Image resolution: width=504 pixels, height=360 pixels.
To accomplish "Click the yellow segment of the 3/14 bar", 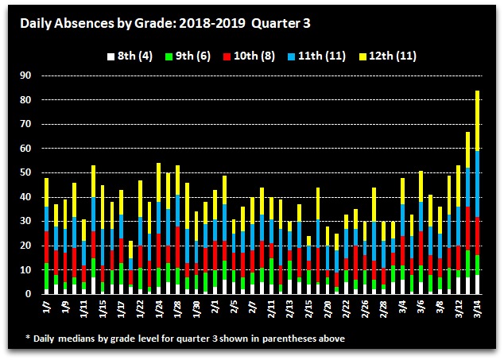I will point(477,119).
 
